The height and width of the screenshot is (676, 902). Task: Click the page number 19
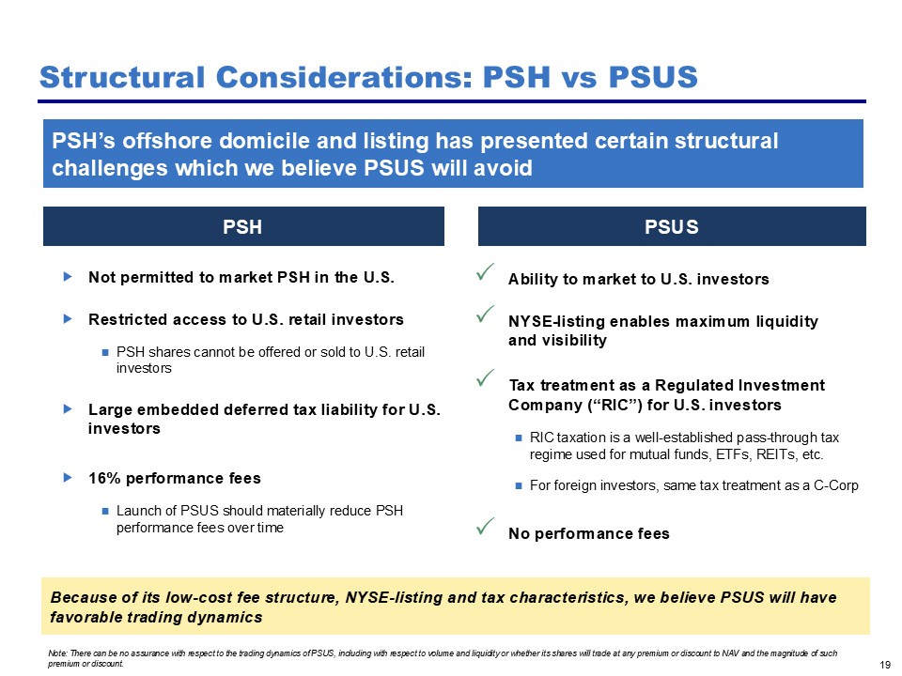click(885, 665)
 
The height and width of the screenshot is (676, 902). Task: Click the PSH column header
click(242, 227)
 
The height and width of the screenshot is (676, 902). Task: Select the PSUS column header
click(671, 227)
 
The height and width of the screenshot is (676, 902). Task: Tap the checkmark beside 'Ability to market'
click(485, 272)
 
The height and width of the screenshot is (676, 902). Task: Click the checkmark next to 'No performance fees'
click(485, 526)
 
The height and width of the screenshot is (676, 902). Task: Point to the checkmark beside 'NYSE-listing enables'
click(485, 314)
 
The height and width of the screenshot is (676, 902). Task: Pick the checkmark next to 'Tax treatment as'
click(485, 377)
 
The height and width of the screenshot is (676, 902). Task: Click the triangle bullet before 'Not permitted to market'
click(68, 276)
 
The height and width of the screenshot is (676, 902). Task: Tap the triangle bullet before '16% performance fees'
click(68, 477)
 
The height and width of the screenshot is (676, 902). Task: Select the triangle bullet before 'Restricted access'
click(68, 318)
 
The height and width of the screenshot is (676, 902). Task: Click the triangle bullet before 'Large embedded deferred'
click(68, 408)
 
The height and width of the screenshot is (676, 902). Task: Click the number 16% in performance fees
click(104, 478)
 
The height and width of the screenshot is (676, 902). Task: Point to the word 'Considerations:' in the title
click(344, 77)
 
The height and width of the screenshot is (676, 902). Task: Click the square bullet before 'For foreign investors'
click(519, 485)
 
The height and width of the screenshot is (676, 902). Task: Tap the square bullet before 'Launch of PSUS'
click(104, 511)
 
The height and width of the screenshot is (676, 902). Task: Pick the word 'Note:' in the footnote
click(58, 653)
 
